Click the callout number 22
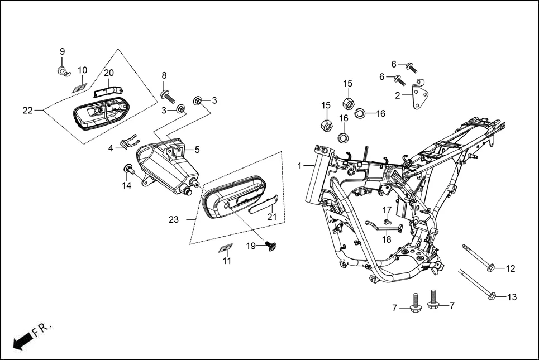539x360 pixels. (28, 111)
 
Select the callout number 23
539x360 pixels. (174, 220)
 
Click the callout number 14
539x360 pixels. (127, 185)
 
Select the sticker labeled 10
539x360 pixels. (80, 87)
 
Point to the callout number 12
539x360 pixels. (511, 269)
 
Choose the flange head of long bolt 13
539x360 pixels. (493, 296)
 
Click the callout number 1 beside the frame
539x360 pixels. (300, 166)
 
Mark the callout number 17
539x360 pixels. (387, 209)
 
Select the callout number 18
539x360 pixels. (387, 239)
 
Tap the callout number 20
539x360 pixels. (108, 73)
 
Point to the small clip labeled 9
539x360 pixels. (63, 70)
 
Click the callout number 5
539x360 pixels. (197, 150)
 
